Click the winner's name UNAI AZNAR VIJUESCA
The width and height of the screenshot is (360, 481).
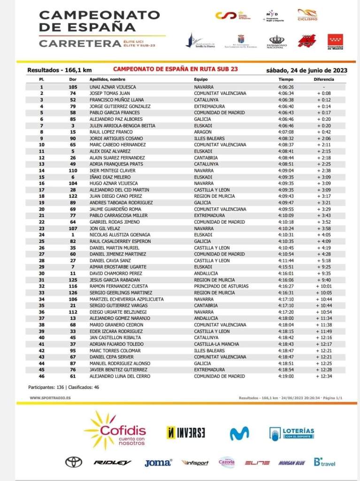pos(113,87)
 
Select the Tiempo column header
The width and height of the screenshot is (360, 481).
pos(285,80)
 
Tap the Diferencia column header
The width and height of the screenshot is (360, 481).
pos(324,80)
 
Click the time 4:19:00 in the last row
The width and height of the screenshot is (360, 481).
pos(285,376)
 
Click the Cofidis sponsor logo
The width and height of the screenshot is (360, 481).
pos(115,430)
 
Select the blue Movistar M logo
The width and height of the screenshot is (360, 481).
pos(239,433)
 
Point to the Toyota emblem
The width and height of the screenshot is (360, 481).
pos(74,462)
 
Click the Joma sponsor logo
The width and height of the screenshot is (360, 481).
pos(158,463)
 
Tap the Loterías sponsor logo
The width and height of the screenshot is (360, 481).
pos(291,433)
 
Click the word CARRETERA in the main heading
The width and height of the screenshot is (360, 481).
pos(80,44)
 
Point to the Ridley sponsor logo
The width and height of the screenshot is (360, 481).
pos(112,463)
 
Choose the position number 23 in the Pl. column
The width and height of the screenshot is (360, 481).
pos(41,228)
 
